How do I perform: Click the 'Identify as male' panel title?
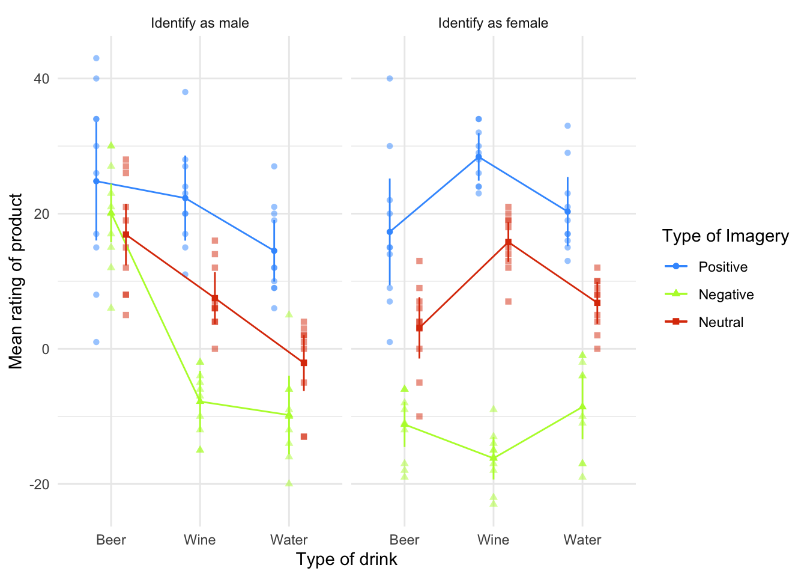(x=200, y=23)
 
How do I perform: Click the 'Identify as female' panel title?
(x=493, y=23)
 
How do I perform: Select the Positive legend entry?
(x=723, y=267)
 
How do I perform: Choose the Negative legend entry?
(x=725, y=295)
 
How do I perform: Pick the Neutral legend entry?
(x=721, y=322)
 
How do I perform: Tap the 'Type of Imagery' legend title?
(x=725, y=236)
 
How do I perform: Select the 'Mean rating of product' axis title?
(x=16, y=281)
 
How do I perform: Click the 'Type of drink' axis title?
(x=346, y=560)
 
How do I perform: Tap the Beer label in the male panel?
(x=111, y=540)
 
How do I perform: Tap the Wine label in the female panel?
(x=493, y=540)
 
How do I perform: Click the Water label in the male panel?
(x=289, y=540)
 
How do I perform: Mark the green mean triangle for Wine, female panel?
(x=494, y=458)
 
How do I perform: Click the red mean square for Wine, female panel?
(x=508, y=242)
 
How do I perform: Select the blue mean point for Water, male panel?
(x=274, y=251)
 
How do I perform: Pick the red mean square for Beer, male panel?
(x=125, y=234)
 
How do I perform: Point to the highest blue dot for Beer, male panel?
(x=96, y=58)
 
